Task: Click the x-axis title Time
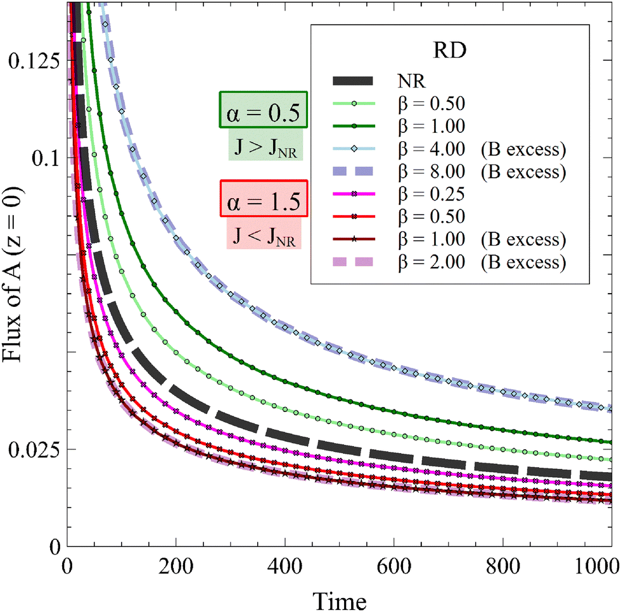pos(340,597)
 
